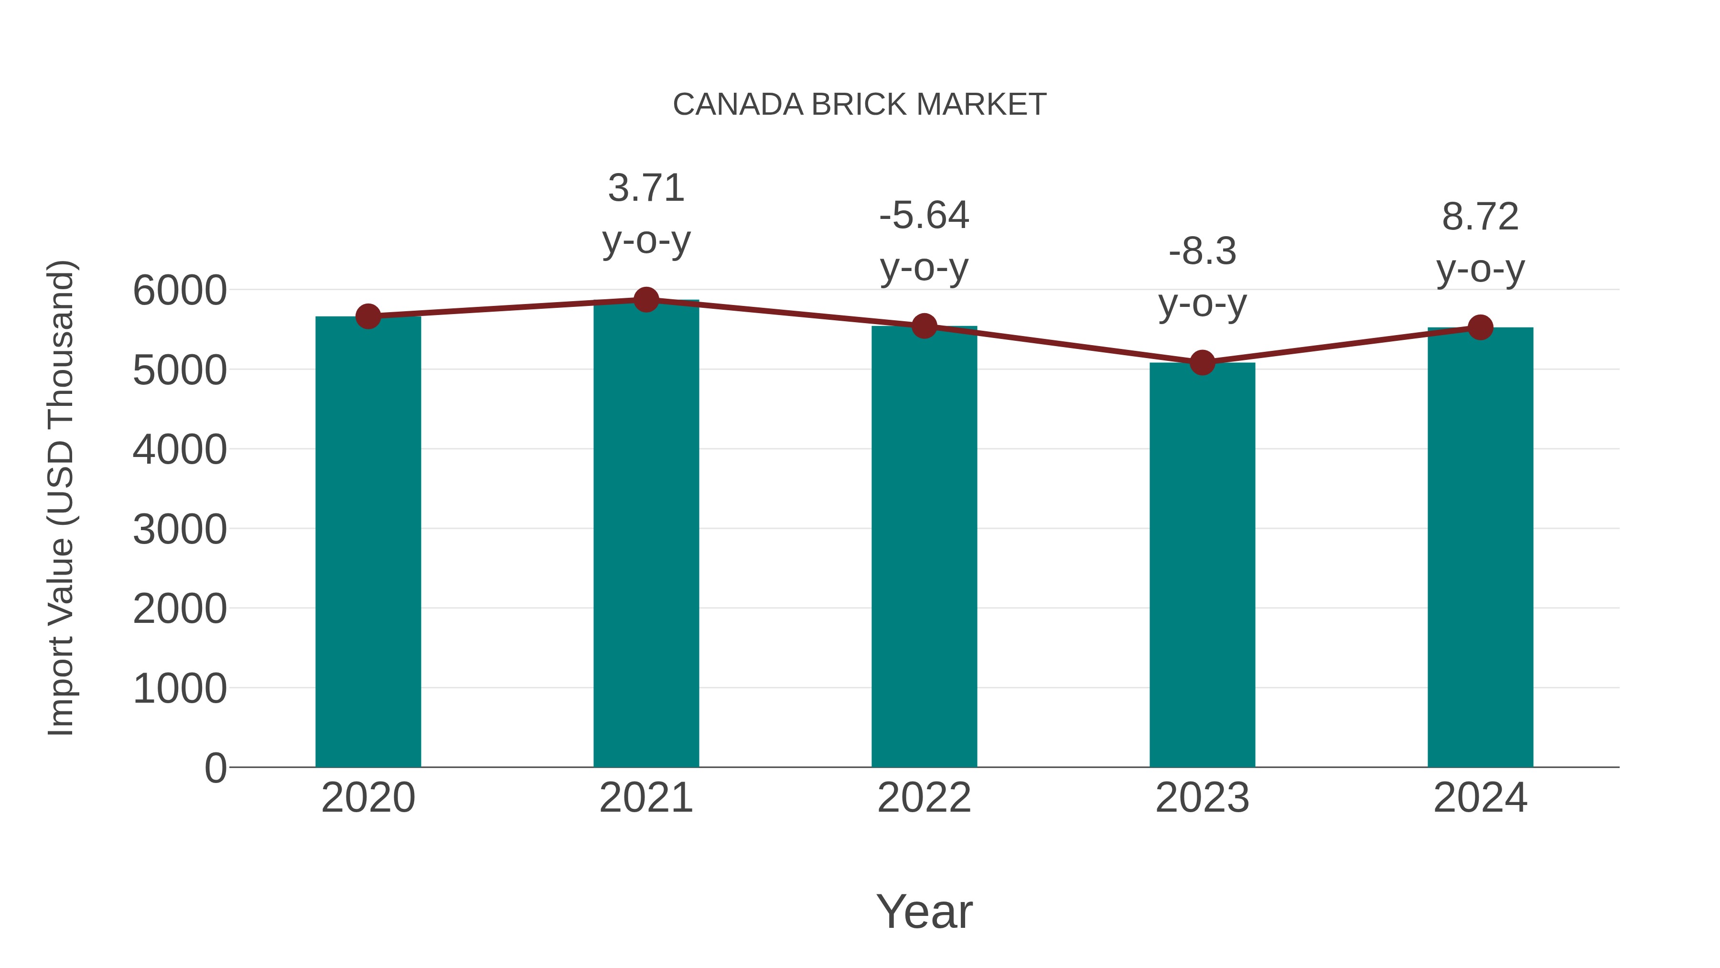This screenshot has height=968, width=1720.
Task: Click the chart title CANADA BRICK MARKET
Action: [x=860, y=105]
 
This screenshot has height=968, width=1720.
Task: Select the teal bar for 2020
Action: [x=368, y=541]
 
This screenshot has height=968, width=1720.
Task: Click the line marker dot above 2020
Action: [x=368, y=316]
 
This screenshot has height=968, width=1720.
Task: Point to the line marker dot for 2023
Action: [x=1202, y=363]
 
